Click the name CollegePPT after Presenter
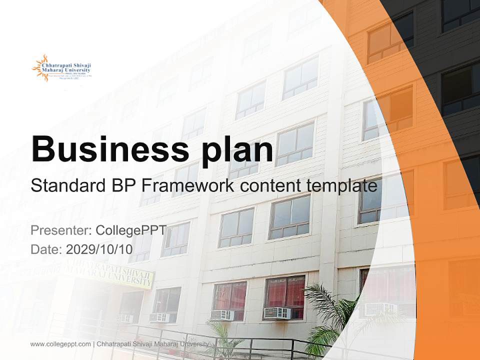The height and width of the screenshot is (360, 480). click(x=130, y=230)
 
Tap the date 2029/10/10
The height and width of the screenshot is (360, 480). click(x=99, y=249)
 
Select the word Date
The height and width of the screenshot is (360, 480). click(x=45, y=249)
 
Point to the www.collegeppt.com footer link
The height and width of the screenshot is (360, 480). click(x=60, y=344)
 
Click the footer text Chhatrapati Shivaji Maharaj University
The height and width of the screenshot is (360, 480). click(x=152, y=344)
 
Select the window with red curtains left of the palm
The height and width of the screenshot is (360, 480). click(x=284, y=292)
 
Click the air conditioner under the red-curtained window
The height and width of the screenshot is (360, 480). click(x=277, y=313)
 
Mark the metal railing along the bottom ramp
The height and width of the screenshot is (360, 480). click(x=200, y=340)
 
